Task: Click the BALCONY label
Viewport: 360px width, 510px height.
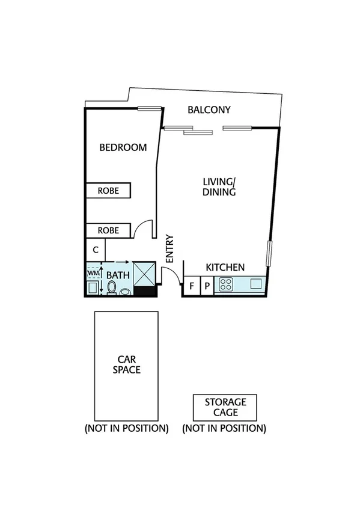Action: click(x=209, y=110)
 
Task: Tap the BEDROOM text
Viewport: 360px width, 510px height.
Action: click(x=123, y=147)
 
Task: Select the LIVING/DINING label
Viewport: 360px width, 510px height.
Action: click(x=219, y=187)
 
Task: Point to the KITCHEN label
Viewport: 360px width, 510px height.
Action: click(x=225, y=268)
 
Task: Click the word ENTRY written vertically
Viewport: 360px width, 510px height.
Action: click(x=169, y=248)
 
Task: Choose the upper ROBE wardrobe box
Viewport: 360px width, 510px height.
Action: click(x=108, y=191)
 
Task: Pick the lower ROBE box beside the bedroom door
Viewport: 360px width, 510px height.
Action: click(x=108, y=230)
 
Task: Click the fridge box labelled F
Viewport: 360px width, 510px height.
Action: click(x=191, y=286)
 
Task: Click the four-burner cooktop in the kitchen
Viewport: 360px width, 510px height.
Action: click(x=226, y=285)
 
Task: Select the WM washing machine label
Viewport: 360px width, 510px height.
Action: click(x=93, y=272)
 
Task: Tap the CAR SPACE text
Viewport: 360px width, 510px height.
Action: click(x=127, y=364)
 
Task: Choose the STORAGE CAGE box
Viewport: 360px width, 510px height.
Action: click(x=224, y=407)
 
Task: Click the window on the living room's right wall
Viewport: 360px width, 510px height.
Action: click(x=270, y=253)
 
